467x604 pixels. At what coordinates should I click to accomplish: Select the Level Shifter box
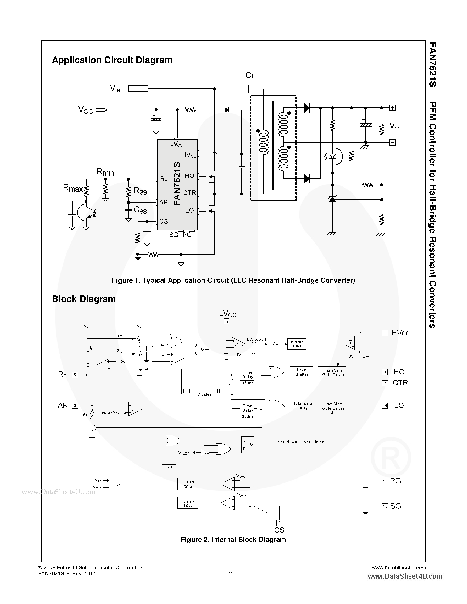coord(302,372)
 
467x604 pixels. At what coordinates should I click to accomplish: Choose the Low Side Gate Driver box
coord(333,406)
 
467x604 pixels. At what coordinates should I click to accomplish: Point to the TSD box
coord(169,467)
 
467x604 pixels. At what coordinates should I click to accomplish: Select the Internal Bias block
coord(297,344)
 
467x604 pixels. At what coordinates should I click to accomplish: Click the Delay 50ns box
coord(188,484)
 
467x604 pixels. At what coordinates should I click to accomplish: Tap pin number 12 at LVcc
coord(226,321)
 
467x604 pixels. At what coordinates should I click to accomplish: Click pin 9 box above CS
coord(279,523)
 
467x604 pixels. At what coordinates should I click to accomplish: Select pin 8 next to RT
coord(75,375)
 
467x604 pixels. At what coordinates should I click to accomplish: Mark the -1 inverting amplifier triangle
coord(262,506)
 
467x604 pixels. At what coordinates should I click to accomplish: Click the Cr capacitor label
coord(250,75)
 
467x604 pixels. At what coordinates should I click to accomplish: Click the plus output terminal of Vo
coord(392,108)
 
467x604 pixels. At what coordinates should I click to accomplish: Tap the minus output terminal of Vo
coord(392,142)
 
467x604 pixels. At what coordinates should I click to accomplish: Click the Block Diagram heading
coord(84,299)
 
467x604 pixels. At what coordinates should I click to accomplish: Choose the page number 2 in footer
coord(231,573)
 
